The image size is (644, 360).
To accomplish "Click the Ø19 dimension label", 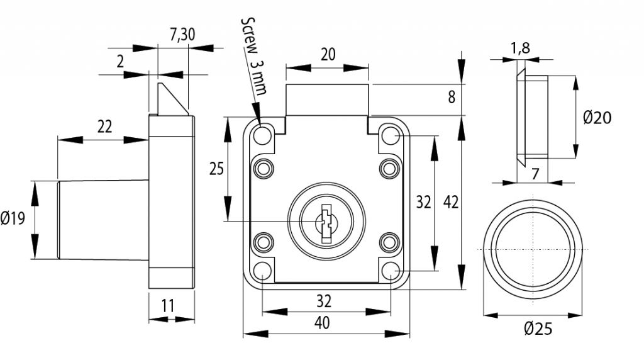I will [x=13, y=219].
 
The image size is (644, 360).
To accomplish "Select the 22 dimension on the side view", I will [x=104, y=127].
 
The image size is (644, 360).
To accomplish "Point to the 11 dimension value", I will [x=168, y=307].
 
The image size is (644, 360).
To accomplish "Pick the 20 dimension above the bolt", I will [x=328, y=54].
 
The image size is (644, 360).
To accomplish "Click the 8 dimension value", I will [x=451, y=98].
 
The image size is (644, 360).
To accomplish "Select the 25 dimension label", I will [x=216, y=169].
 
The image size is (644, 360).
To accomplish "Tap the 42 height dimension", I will [x=451, y=202].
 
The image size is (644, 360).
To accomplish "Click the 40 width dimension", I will [x=322, y=323].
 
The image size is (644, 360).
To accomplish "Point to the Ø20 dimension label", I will [x=597, y=117].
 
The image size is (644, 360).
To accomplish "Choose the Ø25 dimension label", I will [x=537, y=329].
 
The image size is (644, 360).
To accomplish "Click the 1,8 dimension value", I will [x=519, y=48].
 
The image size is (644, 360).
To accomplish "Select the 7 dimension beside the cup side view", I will [x=535, y=174].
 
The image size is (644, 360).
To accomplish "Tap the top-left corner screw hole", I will [x=263, y=135].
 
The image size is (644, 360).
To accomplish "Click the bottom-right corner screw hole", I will [x=391, y=271].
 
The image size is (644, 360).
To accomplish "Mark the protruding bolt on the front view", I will [x=327, y=101].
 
